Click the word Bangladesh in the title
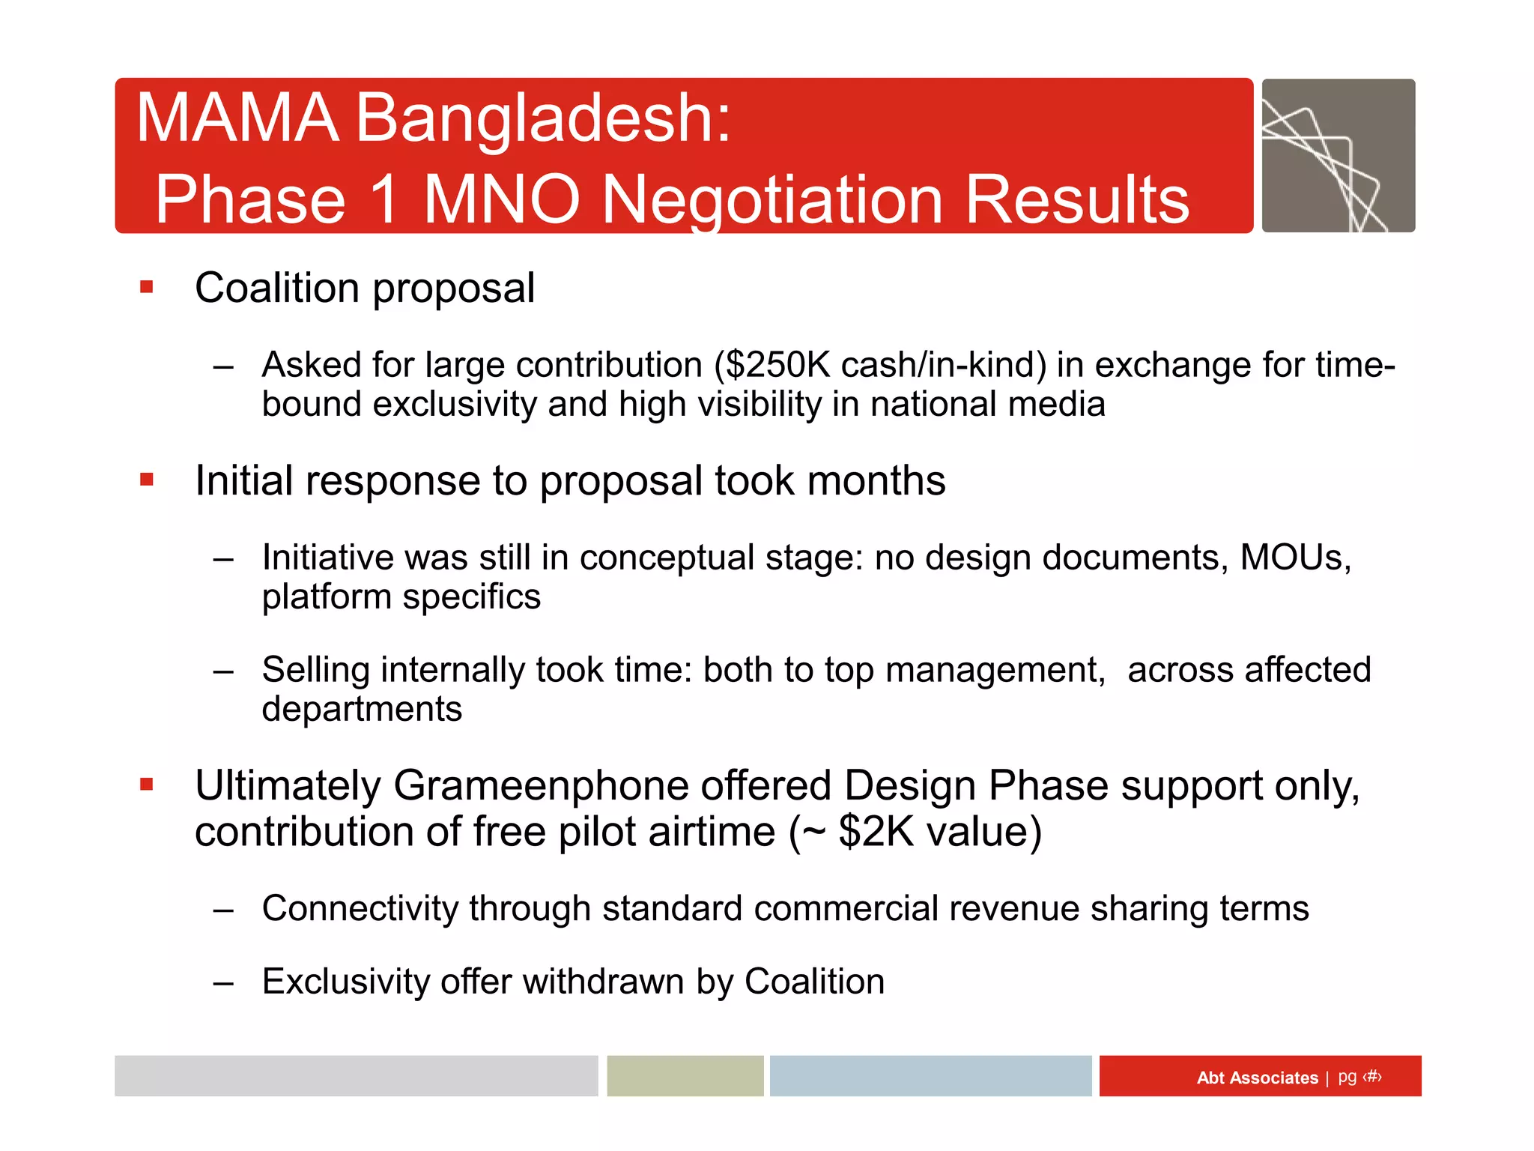542,118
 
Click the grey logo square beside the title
1338,156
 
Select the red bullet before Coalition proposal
147,287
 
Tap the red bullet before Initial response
147,480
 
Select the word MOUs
1294,558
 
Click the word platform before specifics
327,598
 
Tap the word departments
362,709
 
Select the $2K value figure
876,832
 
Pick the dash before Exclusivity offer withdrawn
223,983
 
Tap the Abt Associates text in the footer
1257,1078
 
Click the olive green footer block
685,1076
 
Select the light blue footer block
930,1076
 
